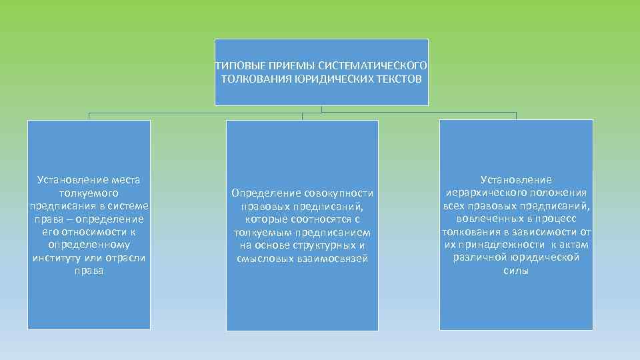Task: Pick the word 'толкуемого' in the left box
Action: (x=89, y=193)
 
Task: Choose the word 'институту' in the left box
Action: (x=59, y=258)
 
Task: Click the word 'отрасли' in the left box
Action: (x=126, y=258)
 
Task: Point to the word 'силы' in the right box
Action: (x=516, y=271)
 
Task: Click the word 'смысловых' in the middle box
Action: (x=263, y=259)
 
